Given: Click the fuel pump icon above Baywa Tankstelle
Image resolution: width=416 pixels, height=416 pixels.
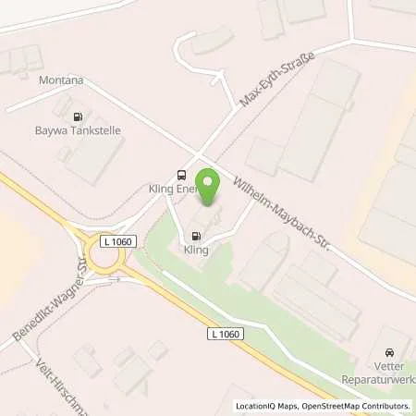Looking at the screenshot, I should pyautogui.click(x=77, y=116).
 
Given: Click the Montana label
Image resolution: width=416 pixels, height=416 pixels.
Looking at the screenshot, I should pyautogui.click(x=61, y=80).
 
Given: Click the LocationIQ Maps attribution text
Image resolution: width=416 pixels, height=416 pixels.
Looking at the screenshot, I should pyautogui.click(x=268, y=406).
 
